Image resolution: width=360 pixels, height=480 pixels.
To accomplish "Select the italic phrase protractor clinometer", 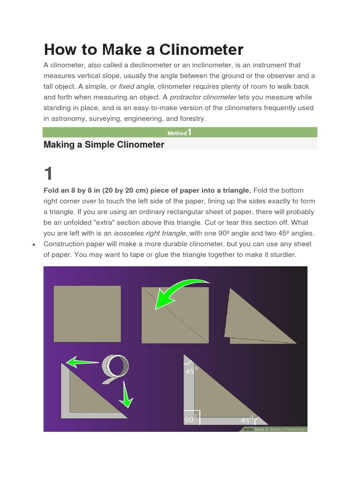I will point(203,97).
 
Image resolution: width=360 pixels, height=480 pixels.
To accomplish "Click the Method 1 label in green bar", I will point(180,133).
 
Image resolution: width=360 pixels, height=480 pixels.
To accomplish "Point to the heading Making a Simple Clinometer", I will point(104,145).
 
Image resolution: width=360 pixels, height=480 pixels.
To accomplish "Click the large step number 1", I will point(49,174).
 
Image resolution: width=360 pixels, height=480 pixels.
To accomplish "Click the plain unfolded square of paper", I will point(87,314).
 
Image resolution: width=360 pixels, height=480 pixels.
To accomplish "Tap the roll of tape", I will point(116,366).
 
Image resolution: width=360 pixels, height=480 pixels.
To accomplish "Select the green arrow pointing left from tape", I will point(82,361).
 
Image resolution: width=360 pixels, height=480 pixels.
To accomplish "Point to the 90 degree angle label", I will point(189,420).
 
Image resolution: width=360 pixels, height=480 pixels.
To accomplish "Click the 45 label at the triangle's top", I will point(190,372).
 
